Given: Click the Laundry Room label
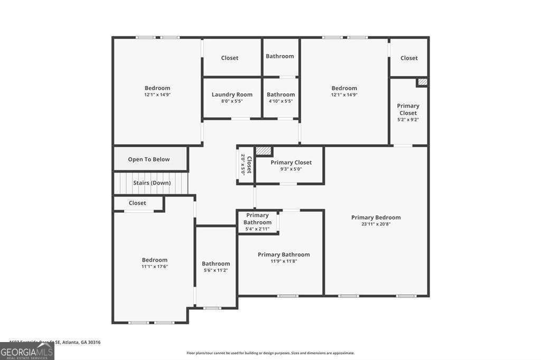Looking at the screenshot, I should [232, 94].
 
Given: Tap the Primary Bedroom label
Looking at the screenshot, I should [376, 217].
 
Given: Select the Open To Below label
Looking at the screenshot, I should [148, 159].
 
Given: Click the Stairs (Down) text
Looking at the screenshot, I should [152, 183].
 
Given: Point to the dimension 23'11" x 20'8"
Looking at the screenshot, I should [376, 224].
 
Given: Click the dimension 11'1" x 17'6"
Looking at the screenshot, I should [154, 267].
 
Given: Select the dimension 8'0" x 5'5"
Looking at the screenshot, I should [232, 101].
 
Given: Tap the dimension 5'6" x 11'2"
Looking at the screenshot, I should [216, 270].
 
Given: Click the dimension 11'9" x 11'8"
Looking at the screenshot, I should [284, 261].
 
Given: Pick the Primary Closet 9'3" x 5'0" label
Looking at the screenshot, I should [291, 163].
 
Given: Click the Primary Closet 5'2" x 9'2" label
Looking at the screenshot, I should [408, 109].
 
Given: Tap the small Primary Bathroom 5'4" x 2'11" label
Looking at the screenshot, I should [257, 222].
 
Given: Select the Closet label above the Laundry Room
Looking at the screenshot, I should [229, 58].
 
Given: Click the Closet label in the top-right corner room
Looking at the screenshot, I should [409, 58].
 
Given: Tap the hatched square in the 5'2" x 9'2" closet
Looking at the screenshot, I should [422, 82].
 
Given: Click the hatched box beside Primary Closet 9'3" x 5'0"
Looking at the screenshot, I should [263, 151].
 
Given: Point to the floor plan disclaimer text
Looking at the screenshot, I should [270, 353].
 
